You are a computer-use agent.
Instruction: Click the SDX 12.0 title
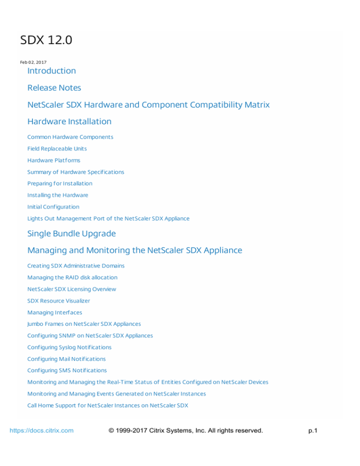coord(46,41)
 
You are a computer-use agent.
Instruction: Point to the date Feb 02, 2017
coord(33,62)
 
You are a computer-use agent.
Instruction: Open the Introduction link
coord(52,71)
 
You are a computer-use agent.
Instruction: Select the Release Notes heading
coord(54,88)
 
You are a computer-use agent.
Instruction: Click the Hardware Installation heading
coord(69,121)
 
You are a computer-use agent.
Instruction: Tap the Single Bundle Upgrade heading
coord(72,233)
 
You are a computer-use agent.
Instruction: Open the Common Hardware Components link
coord(70,137)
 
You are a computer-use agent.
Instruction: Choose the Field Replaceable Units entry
coord(57,149)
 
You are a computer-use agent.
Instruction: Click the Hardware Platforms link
coord(54,160)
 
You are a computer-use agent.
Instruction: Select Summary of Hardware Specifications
coord(76,172)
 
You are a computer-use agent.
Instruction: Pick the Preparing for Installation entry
coord(60,183)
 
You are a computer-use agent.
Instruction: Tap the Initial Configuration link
coord(53,207)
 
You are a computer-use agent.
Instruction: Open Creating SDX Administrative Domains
coord(76,266)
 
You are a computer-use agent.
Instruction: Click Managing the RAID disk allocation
coord(73,278)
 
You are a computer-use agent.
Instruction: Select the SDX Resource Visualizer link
coord(59,301)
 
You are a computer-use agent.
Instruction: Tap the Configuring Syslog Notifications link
coord(70,347)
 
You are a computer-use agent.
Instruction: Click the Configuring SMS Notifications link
coord(67,370)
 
